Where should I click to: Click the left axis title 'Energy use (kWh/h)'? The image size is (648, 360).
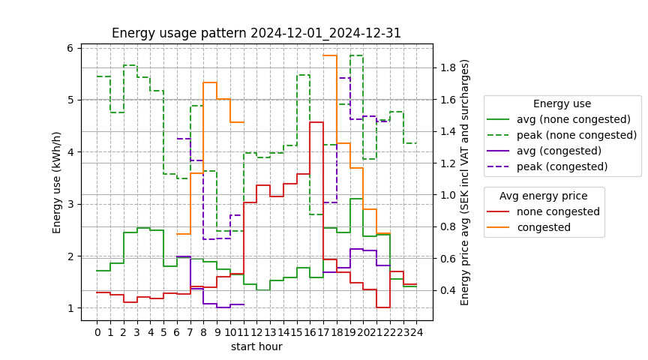click(x=57, y=182)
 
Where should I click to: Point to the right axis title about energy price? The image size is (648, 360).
click(x=465, y=182)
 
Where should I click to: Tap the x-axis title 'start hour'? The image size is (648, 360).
click(x=256, y=347)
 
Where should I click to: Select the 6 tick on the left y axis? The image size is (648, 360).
click(x=70, y=48)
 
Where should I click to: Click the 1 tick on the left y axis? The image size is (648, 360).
click(x=70, y=308)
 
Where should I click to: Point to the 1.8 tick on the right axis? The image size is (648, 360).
click(x=448, y=68)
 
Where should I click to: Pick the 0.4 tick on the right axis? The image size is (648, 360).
click(x=448, y=290)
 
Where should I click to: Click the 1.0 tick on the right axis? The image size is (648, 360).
click(x=448, y=195)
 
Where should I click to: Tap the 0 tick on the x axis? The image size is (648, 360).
click(x=97, y=331)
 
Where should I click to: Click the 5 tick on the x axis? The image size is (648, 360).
click(x=163, y=331)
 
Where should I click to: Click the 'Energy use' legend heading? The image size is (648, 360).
click(x=562, y=103)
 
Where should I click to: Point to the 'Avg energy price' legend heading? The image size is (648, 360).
click(x=544, y=196)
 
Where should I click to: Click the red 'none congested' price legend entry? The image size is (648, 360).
click(x=558, y=211)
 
